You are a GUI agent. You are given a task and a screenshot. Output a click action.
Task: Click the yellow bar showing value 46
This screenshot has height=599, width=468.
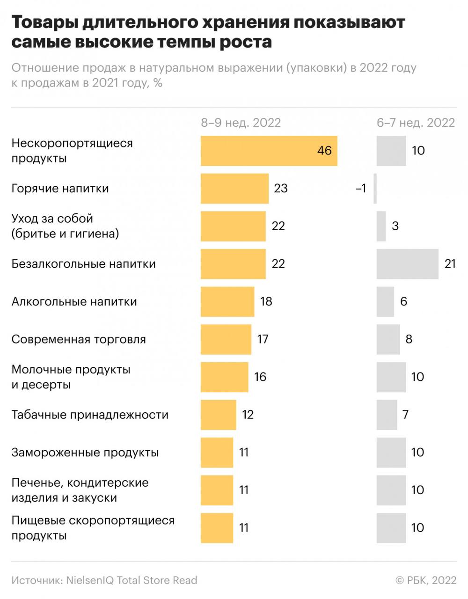269,151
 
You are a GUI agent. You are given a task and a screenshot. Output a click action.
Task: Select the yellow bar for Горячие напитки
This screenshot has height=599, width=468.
234,189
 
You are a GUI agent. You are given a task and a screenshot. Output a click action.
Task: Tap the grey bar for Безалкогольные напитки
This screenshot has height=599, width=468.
407,264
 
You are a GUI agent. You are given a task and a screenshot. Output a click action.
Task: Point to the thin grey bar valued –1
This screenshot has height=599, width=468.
375,189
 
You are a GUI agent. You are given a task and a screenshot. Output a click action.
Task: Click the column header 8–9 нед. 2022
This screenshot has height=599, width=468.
241,123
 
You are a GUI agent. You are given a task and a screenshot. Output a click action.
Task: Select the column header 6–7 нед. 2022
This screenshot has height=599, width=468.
416,123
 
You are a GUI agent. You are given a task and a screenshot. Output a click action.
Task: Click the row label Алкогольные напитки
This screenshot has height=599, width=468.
74,301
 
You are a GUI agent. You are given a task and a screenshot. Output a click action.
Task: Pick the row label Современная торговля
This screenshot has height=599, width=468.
79,339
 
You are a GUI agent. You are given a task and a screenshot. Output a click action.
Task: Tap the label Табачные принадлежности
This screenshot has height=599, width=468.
90,415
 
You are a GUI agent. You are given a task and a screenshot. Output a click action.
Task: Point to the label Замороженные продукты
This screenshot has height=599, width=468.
85,453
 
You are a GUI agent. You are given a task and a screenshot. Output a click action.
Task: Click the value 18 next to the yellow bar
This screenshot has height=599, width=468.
266,301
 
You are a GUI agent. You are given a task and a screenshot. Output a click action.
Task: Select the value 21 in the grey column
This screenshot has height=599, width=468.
450,264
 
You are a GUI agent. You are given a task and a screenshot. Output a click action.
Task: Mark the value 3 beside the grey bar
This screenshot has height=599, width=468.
395,226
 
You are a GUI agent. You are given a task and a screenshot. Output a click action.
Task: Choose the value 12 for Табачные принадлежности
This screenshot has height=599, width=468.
248,415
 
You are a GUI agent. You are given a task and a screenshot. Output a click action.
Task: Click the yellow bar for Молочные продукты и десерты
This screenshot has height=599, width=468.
224,377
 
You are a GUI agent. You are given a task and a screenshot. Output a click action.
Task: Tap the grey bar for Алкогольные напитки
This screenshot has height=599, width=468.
385,301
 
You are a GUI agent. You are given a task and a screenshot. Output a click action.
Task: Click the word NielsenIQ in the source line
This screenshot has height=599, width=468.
89,580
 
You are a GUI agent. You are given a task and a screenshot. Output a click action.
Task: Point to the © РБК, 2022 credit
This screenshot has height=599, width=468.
425,580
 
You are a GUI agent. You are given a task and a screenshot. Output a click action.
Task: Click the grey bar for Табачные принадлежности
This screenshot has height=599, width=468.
387,415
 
